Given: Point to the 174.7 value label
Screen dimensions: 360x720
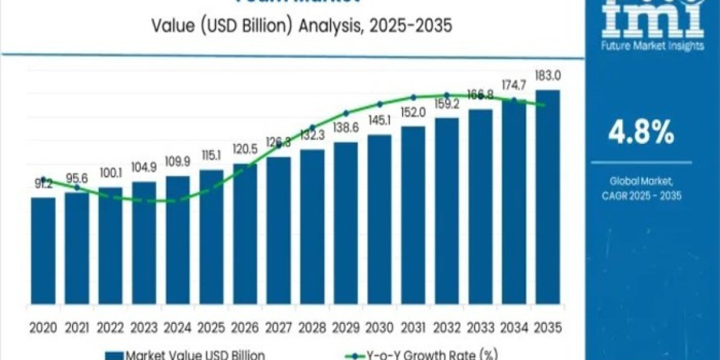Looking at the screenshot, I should click(514, 87).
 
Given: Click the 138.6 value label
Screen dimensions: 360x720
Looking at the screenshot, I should click(346, 128).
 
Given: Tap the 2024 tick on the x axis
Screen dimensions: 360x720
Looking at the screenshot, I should click(178, 328).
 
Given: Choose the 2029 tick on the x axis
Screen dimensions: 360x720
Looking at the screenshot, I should click(346, 328).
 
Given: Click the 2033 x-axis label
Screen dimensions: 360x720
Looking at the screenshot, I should click(481, 328).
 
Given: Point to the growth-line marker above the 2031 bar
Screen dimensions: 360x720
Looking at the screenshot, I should click(413, 97).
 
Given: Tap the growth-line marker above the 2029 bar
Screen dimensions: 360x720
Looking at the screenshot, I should click(346, 113).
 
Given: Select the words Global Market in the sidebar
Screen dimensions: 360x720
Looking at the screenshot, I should click(641, 181).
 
